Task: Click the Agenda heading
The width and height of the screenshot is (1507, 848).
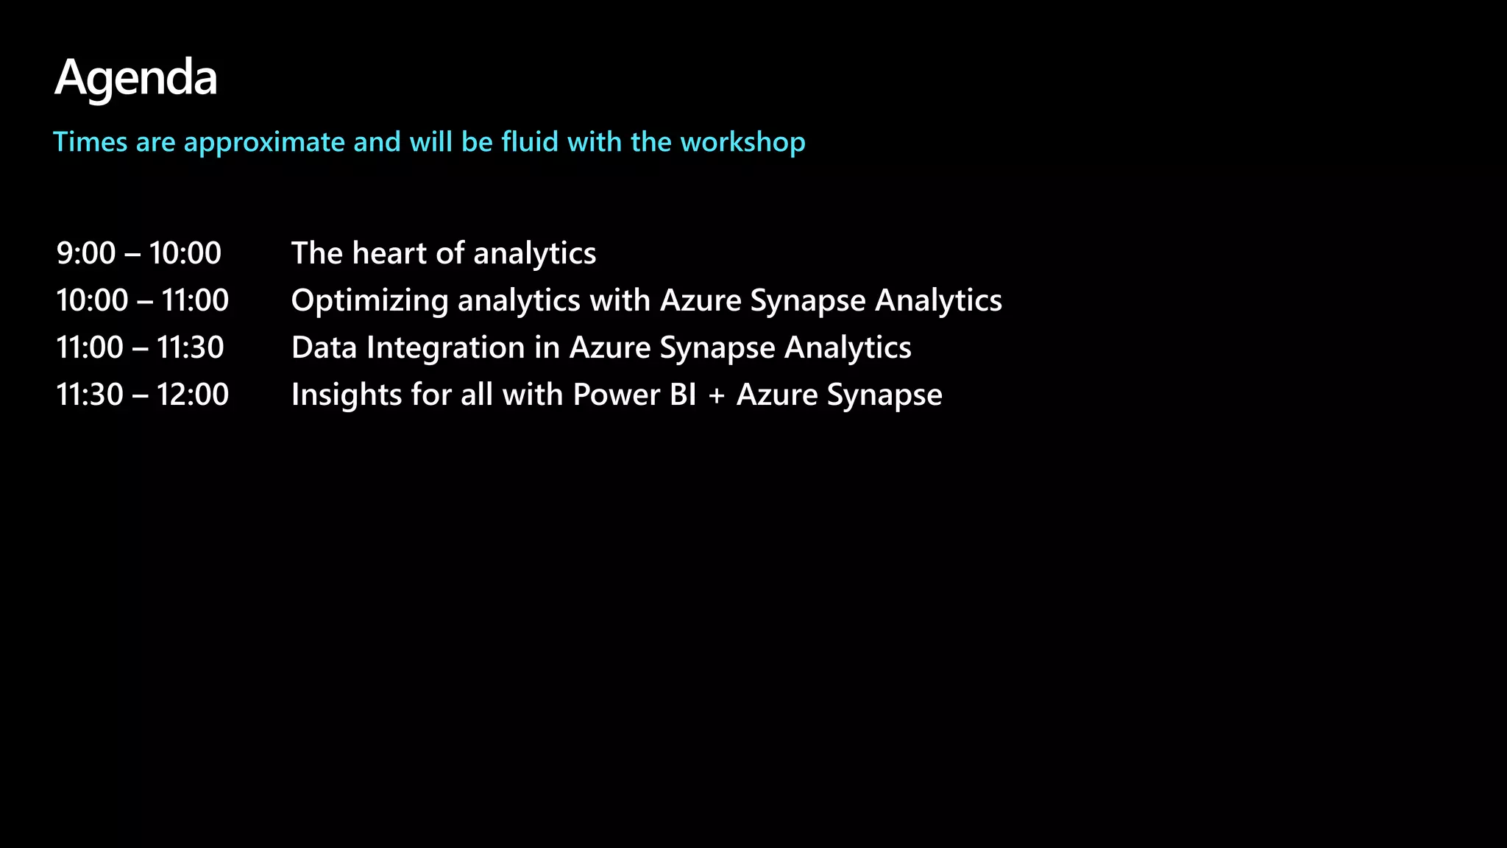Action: pos(136,78)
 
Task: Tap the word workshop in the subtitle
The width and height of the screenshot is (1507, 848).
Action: pos(742,142)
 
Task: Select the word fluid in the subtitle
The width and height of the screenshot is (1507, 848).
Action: pos(530,141)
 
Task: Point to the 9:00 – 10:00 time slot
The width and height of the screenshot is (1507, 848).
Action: pos(139,253)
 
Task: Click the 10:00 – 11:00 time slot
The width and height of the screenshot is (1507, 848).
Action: pos(143,300)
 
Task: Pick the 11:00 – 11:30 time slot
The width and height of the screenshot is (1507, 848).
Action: pos(140,347)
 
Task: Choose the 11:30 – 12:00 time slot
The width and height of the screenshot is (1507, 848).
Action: pos(143,395)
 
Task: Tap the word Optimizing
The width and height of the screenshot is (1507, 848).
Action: pos(369,301)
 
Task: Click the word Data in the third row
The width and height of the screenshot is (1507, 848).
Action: pos(324,347)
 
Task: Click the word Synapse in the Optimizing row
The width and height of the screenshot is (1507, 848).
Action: pos(807,301)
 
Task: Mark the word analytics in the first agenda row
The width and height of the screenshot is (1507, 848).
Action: pos(534,254)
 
